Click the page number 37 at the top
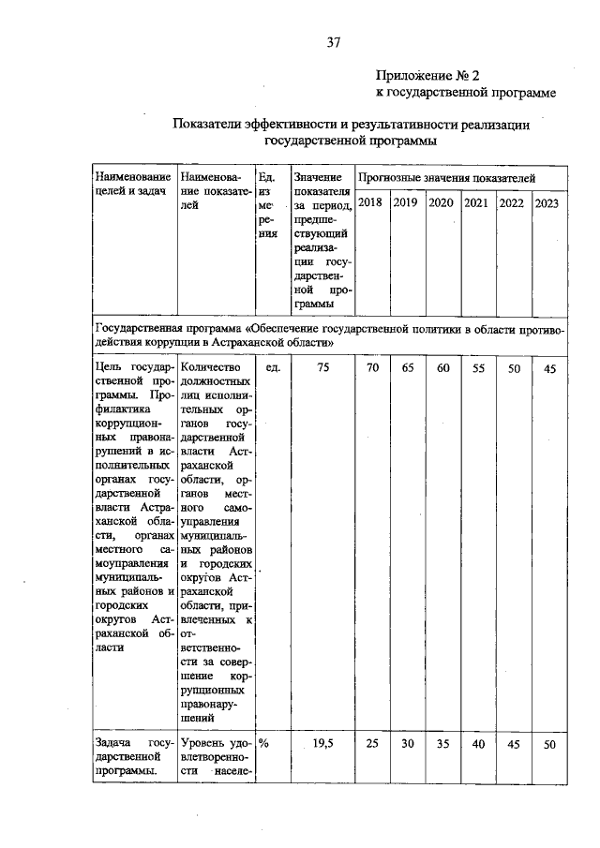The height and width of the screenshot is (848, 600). click(x=332, y=42)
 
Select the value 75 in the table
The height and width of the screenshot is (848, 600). click(x=322, y=368)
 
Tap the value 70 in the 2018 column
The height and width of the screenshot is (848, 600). click(x=372, y=368)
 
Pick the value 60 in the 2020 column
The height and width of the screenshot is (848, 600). click(x=442, y=368)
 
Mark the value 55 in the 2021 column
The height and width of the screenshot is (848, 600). click(x=478, y=368)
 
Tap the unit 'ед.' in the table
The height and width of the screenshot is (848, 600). click(x=274, y=368)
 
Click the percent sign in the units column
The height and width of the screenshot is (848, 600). click(x=264, y=742)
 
